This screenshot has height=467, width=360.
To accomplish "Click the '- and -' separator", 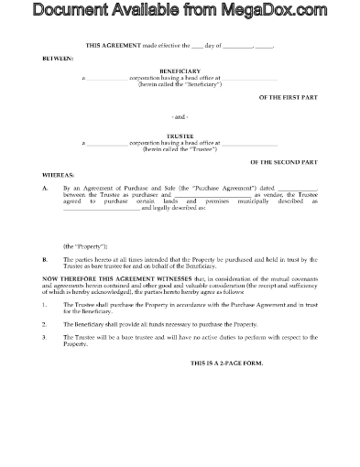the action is click(180, 117).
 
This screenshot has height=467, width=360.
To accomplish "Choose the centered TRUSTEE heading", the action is click(180, 136).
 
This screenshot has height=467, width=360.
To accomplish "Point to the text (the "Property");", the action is click(85, 244).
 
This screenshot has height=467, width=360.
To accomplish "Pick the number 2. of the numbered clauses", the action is click(46, 323).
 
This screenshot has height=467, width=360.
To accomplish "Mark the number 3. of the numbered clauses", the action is click(46, 338).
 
